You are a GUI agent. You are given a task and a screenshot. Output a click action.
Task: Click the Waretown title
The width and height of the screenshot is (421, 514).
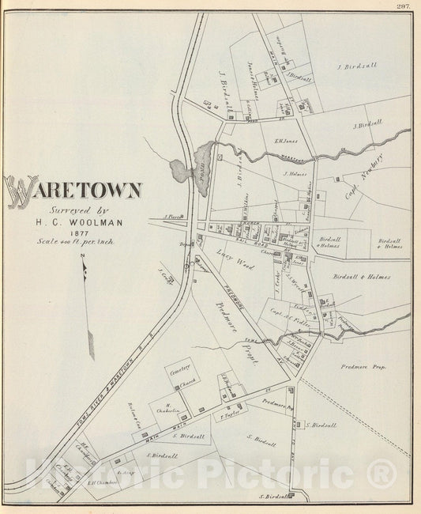(x=75, y=190)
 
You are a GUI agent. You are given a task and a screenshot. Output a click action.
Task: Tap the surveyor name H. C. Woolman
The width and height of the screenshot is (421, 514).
(x=73, y=221)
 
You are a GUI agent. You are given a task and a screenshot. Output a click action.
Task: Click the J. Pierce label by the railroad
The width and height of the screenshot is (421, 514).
(x=173, y=215)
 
